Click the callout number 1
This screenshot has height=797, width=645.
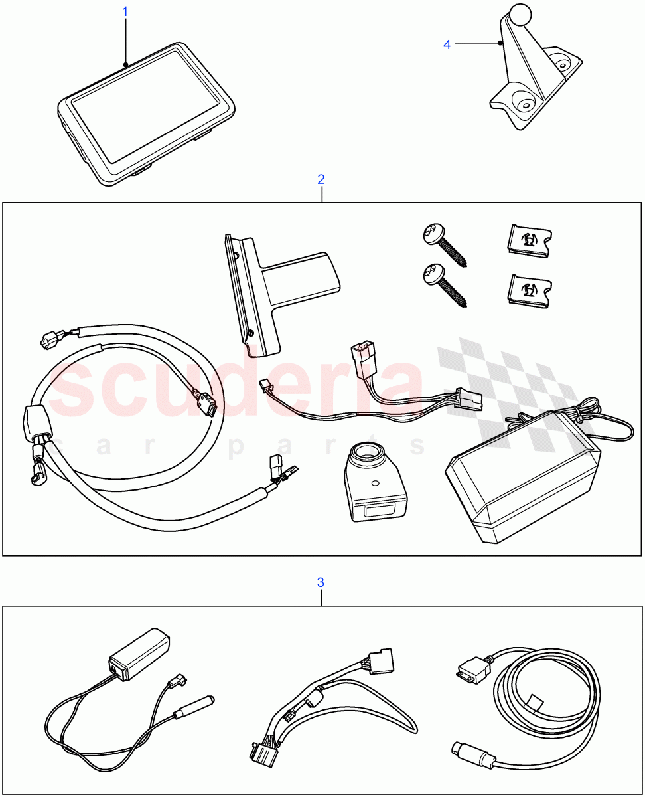tap(125, 12)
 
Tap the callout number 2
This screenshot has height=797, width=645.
tap(321, 179)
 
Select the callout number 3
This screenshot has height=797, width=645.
tap(321, 582)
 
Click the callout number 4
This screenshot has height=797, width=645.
tap(447, 44)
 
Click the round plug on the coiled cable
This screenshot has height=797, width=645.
tap(470, 754)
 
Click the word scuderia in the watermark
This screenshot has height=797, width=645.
tap(239, 385)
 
